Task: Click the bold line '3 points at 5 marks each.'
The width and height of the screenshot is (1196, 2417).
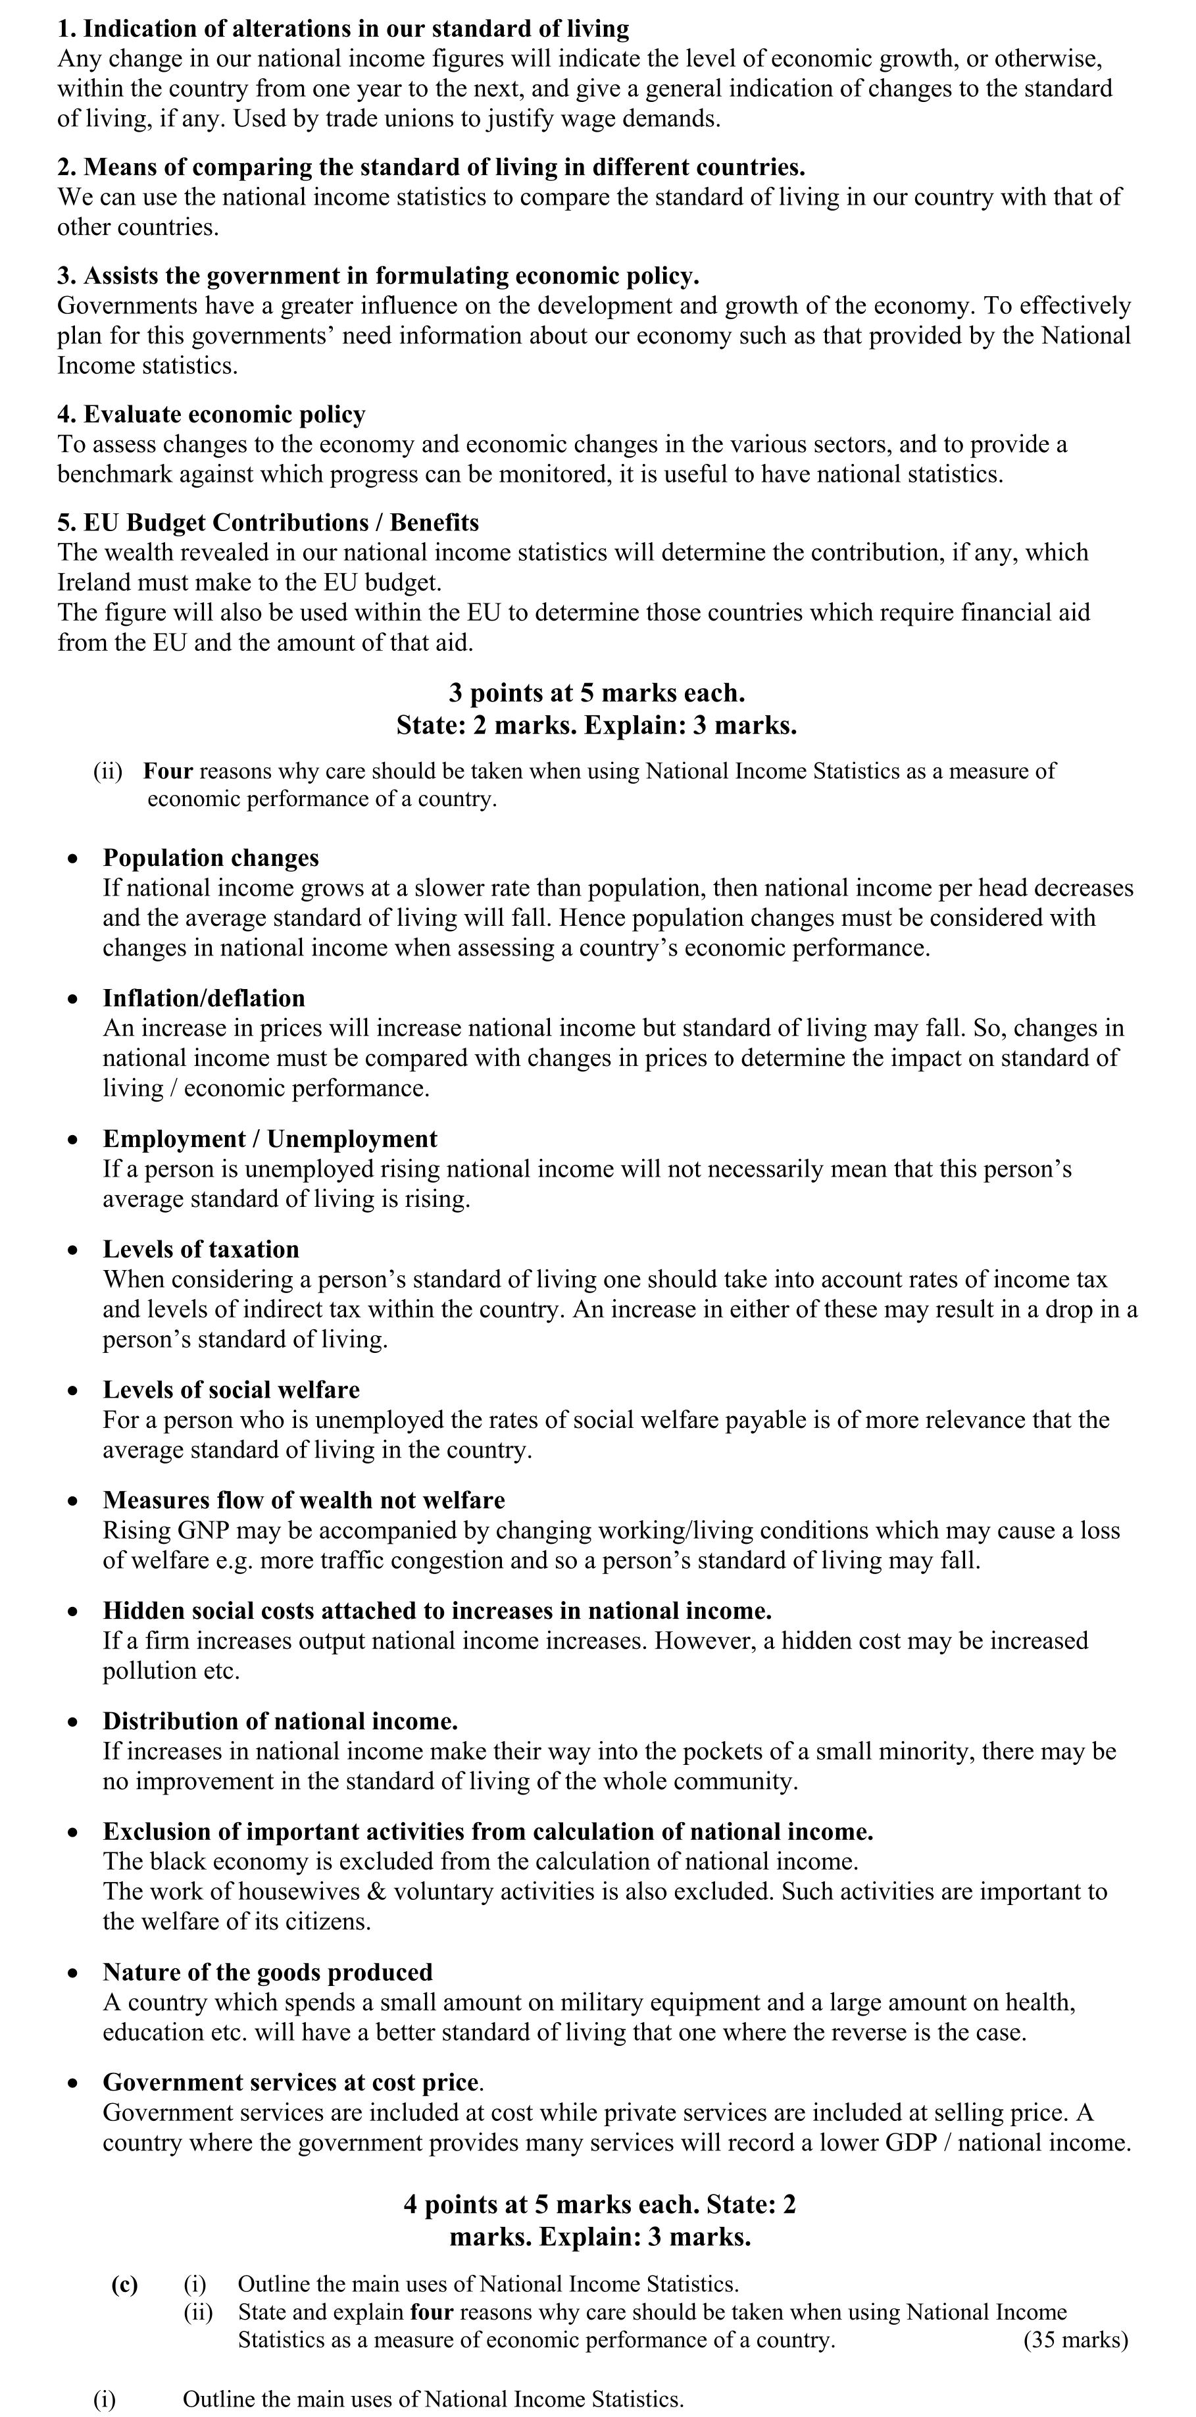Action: click(x=597, y=694)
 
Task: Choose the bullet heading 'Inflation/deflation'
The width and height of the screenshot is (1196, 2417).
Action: click(x=203, y=998)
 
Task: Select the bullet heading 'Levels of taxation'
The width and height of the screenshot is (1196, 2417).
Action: click(x=201, y=1250)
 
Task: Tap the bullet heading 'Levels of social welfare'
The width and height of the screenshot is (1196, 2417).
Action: click(x=231, y=1390)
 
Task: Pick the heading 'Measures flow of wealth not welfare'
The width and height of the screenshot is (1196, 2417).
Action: click(x=304, y=1500)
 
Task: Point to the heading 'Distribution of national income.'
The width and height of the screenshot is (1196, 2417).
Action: click(x=280, y=1721)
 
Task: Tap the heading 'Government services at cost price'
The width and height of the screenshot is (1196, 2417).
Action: click(x=291, y=2083)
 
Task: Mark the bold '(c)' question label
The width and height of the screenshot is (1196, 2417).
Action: click(x=125, y=2285)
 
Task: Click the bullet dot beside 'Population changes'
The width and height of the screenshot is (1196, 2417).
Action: click(x=73, y=859)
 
